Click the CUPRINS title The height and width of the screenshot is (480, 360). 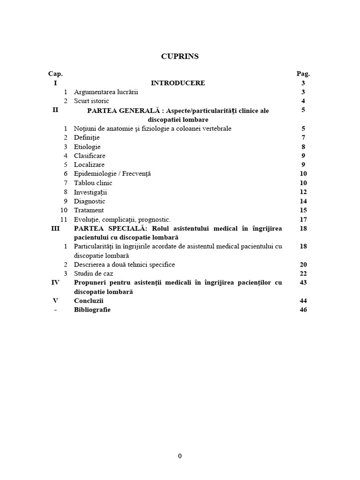point(180,56)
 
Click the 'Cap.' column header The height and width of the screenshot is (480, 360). point(55,74)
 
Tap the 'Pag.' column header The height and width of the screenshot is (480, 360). point(303,74)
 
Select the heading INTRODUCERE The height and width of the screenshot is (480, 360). point(178,83)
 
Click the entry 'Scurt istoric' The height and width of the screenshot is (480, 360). point(91,101)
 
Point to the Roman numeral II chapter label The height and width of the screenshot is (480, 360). point(55,110)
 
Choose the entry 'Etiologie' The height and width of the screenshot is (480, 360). point(87,147)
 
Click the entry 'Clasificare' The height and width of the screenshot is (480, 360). point(90,156)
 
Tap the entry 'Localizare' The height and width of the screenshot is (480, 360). point(89,165)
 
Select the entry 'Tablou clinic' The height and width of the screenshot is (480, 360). point(93,183)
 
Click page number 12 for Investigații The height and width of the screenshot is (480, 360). point(303,192)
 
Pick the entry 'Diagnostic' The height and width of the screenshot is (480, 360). point(90,201)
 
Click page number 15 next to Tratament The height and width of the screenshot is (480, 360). point(303,210)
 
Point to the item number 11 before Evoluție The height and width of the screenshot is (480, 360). point(64,219)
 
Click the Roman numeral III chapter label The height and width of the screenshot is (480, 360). point(55,228)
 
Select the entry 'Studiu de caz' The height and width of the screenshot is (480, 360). point(93,273)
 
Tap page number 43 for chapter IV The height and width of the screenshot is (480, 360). point(303,282)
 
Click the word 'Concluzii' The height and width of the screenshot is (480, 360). point(89,300)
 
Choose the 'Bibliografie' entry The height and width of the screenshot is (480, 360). point(92,309)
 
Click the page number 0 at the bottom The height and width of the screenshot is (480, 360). point(180,457)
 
